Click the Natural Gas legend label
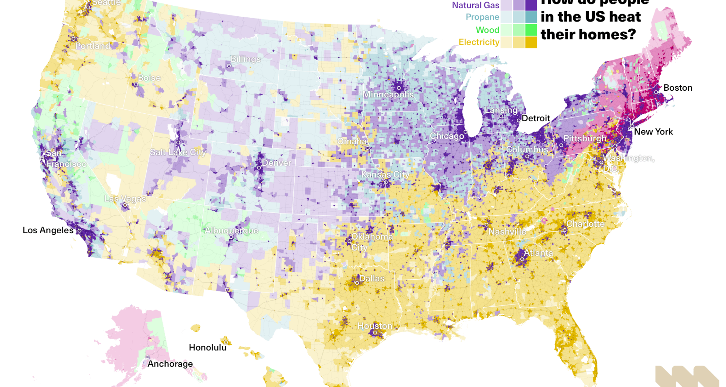click(x=476, y=5)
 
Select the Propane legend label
click(x=482, y=17)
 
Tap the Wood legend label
click(x=487, y=30)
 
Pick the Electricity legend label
click(x=479, y=42)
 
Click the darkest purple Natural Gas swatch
click(x=531, y=5)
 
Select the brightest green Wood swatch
click(x=531, y=29)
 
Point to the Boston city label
click(x=678, y=88)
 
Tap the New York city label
click(x=653, y=132)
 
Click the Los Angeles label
click(x=48, y=230)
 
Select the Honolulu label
click(x=208, y=347)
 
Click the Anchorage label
click(x=170, y=364)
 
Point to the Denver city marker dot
click(x=259, y=167)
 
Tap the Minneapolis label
click(x=388, y=94)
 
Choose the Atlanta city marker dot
click(x=522, y=259)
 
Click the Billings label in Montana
click(x=245, y=59)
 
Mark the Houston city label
click(x=374, y=325)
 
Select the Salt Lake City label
click(x=178, y=152)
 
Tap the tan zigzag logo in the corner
click(x=686, y=376)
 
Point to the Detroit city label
click(x=535, y=118)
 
